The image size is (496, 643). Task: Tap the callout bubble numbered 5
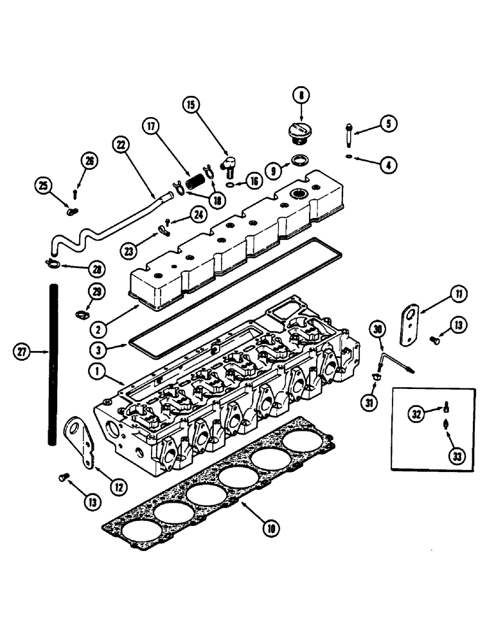point(388,123)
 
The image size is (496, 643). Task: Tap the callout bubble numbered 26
point(89,161)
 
